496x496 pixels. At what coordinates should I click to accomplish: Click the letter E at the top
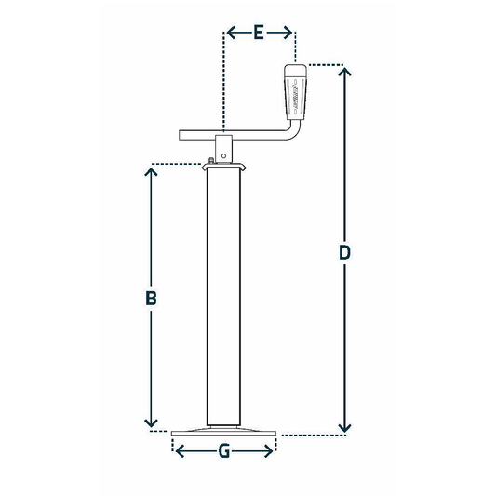260,34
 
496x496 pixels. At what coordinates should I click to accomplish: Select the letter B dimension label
150,299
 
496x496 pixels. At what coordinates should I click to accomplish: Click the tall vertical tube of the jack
223,298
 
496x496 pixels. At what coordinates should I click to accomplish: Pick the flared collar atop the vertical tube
223,168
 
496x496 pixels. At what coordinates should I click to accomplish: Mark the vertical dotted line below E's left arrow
223,84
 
